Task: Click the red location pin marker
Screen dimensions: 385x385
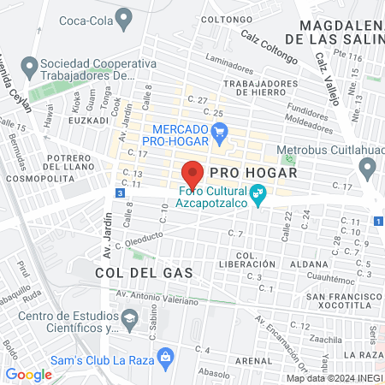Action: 193,174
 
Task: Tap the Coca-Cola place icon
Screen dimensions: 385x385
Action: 125,16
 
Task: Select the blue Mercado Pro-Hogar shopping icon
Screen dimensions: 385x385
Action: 220,131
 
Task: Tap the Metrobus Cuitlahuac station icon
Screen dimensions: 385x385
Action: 289,160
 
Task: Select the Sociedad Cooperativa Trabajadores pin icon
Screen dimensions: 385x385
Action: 30,66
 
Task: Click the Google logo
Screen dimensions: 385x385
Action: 28,374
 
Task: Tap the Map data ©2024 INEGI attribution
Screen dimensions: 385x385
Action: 335,377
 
